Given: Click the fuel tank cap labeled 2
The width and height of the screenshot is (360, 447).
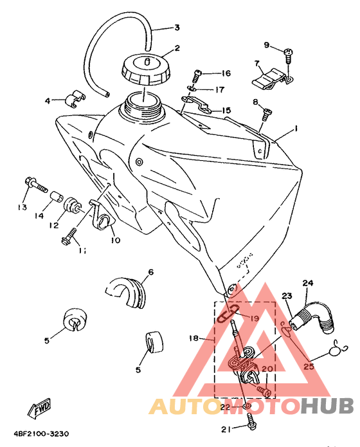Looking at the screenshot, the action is coord(145,69).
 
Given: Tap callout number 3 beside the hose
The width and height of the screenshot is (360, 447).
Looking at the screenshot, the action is coord(177,28).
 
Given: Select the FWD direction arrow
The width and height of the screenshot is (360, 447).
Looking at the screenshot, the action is coord(39,407).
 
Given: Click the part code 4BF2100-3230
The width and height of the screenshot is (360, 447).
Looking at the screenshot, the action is coord(41,434).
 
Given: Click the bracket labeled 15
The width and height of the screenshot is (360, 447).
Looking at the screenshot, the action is coord(197,104).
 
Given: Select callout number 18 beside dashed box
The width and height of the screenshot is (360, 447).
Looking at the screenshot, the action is coord(194,338).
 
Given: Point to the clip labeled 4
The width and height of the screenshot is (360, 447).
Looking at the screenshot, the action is coord(75,99).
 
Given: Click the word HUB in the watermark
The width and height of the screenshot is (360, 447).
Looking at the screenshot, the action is coord(327,405).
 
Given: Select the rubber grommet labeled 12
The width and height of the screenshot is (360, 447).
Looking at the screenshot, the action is coord(72,206).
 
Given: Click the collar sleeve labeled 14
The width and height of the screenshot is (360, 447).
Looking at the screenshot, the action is coord(57,196).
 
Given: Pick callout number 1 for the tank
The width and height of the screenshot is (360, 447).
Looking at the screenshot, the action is coord(296,129).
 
